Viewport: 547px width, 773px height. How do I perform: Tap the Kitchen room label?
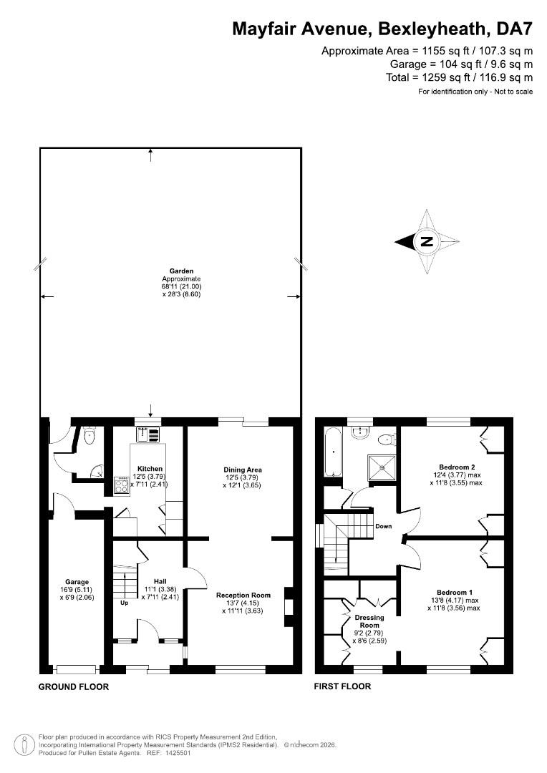[x=150, y=469]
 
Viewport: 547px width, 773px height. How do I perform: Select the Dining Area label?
[x=243, y=470]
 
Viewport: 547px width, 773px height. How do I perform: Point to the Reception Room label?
[x=243, y=595]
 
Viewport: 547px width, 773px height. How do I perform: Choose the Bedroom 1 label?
[x=455, y=592]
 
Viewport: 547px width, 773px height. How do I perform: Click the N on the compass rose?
[x=427, y=241]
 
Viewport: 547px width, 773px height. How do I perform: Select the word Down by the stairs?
[x=383, y=526]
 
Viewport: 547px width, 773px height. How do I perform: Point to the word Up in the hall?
[x=124, y=603]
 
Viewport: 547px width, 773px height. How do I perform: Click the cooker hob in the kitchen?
[x=121, y=486]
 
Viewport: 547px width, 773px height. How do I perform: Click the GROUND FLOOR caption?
[x=73, y=687]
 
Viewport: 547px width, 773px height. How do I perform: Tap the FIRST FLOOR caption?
[x=343, y=687]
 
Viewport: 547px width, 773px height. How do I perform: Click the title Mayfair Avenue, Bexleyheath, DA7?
[x=382, y=29]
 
